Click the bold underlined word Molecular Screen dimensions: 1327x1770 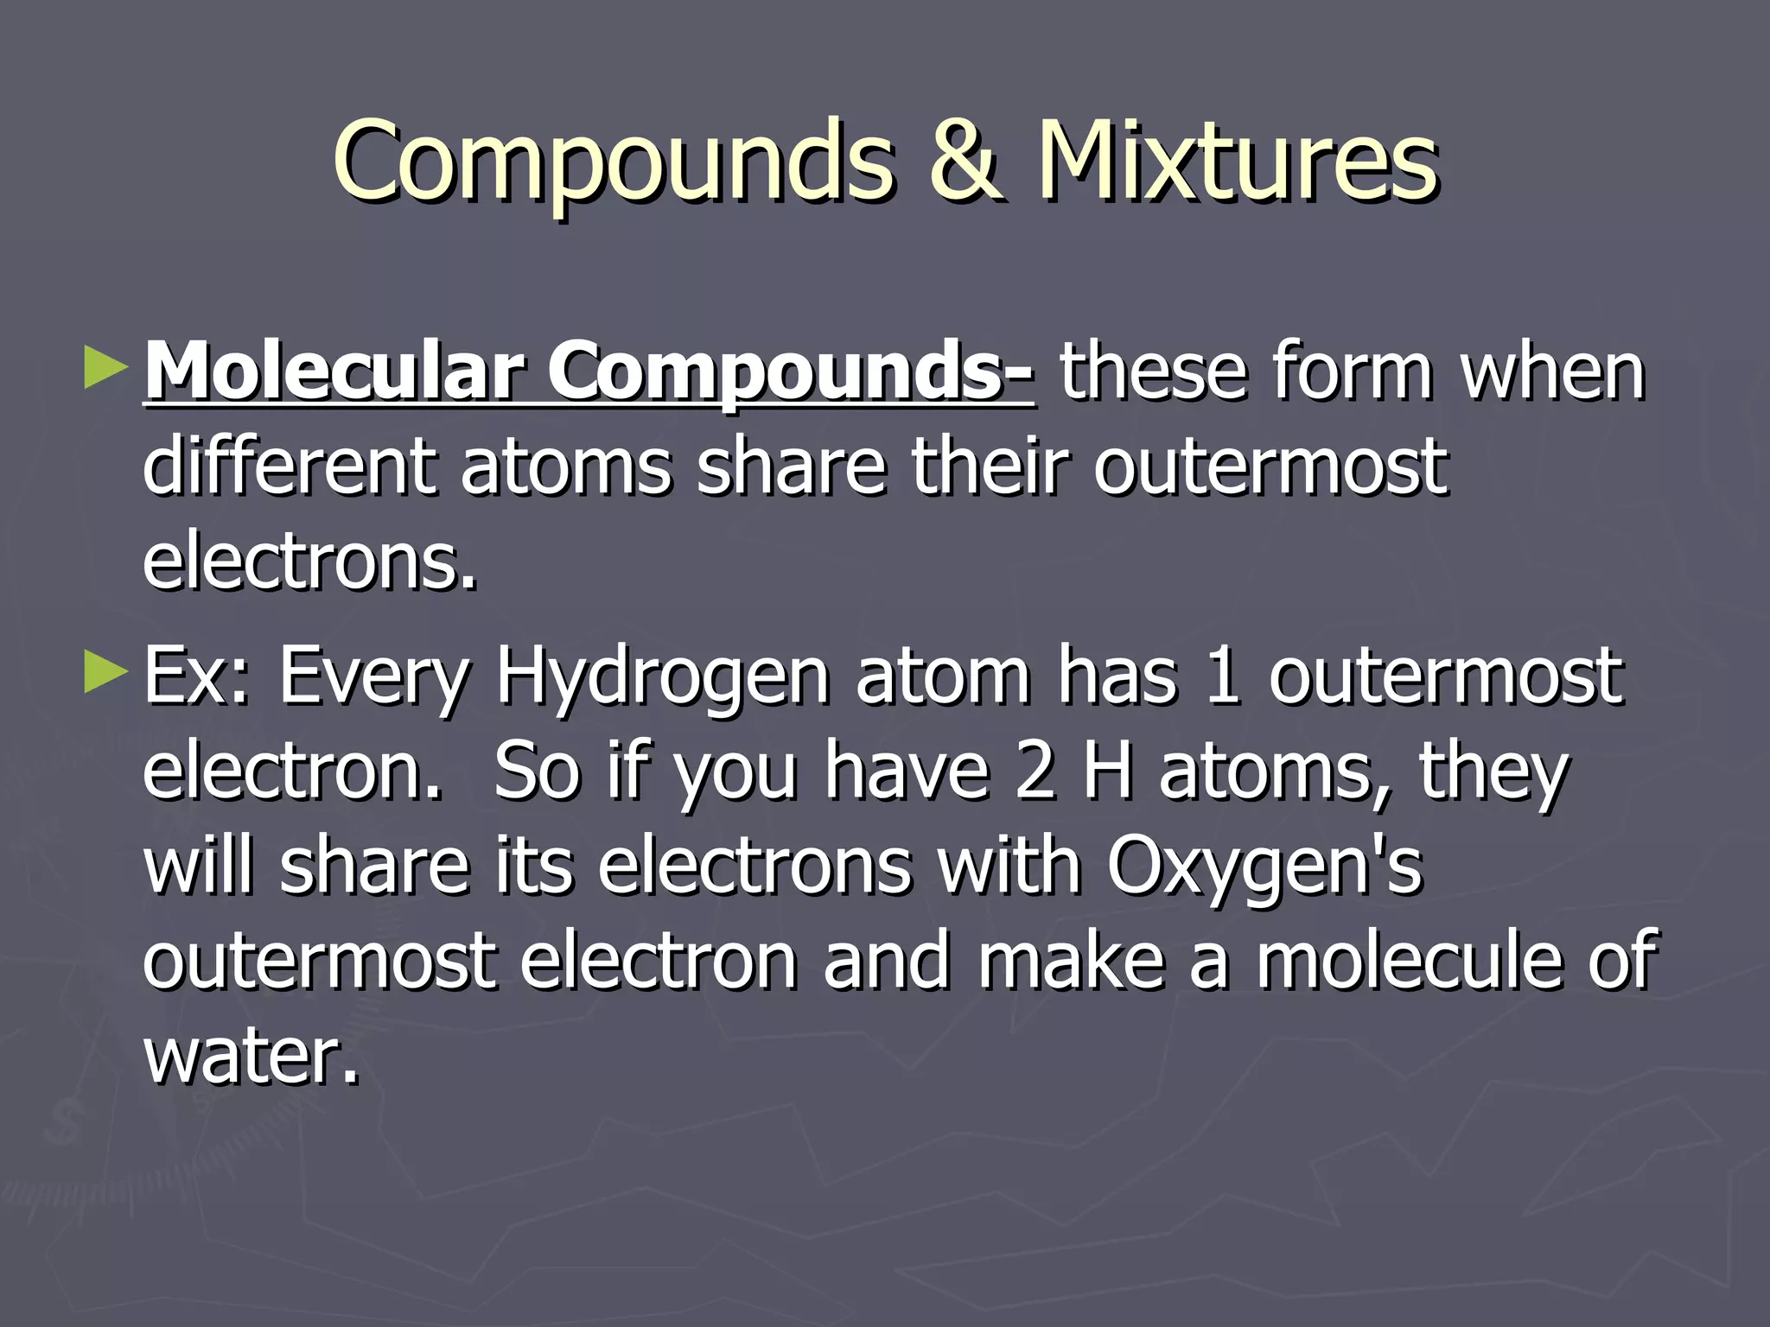pos(334,371)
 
